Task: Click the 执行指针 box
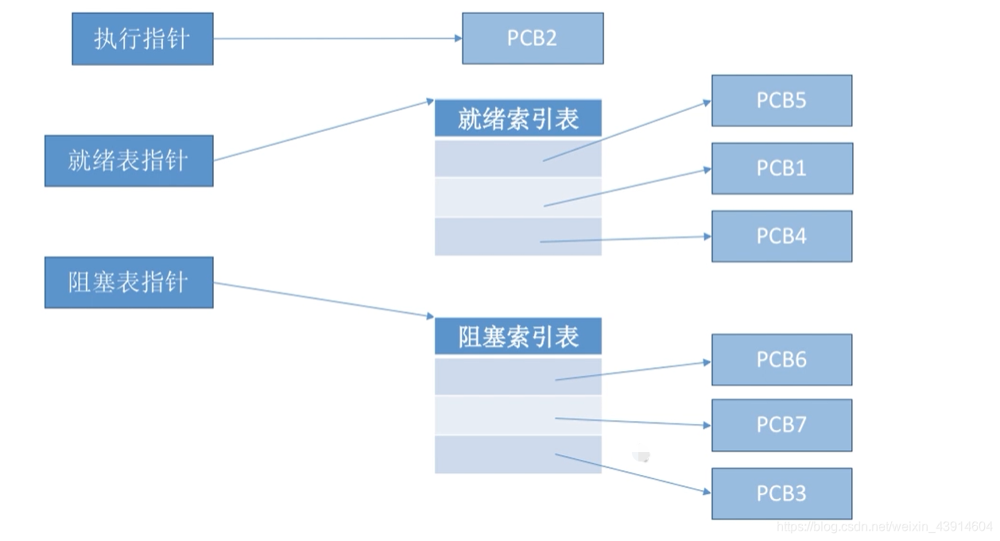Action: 142,39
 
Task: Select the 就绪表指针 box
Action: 129,161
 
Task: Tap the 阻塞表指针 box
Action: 129,282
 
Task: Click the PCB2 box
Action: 533,38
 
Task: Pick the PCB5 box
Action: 781,101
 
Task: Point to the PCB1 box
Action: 781,168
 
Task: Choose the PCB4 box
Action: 781,236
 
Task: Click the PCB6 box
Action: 781,360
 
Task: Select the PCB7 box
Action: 781,425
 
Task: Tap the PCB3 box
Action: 781,493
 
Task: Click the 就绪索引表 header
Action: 518,118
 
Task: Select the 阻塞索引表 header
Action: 518,337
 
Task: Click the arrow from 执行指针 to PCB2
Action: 338,38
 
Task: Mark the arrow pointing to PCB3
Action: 633,473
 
